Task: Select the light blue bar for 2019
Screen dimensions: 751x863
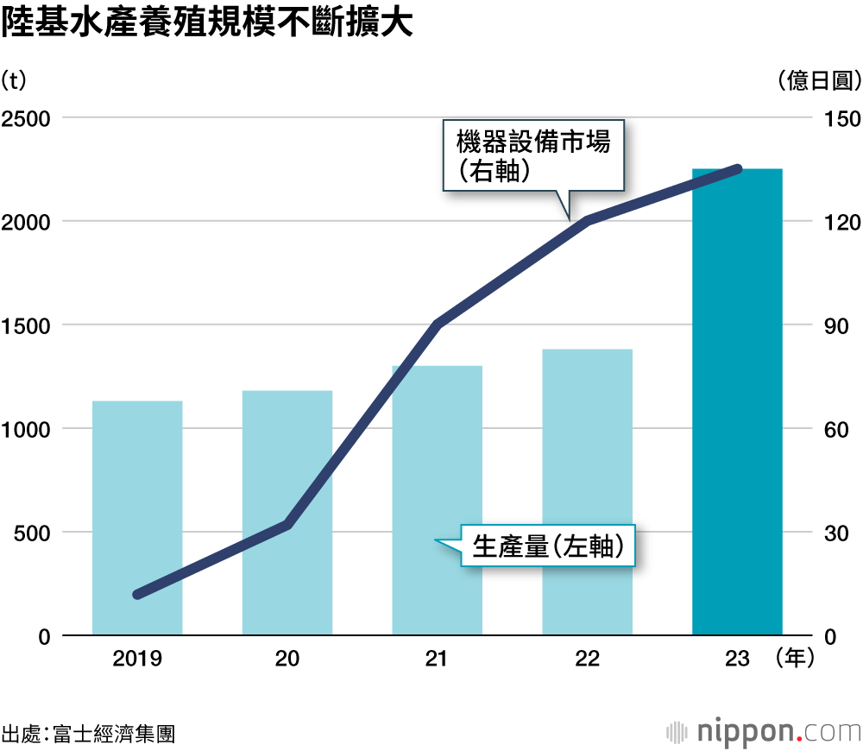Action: tap(137, 518)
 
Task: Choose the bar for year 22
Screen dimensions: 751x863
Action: tap(587, 492)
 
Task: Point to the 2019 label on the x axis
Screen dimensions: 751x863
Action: tap(137, 659)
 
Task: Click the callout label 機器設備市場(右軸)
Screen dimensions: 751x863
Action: tap(533, 155)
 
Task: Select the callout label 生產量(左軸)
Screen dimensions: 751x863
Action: tap(547, 546)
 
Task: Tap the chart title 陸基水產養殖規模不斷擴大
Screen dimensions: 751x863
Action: tap(207, 24)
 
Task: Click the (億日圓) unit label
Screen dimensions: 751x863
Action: tap(819, 80)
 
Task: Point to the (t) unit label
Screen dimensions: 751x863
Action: tap(15, 80)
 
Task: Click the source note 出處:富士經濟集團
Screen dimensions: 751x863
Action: tap(88, 734)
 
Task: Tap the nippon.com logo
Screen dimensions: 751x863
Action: tap(764, 732)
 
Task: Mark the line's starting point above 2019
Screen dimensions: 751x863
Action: tap(138, 594)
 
